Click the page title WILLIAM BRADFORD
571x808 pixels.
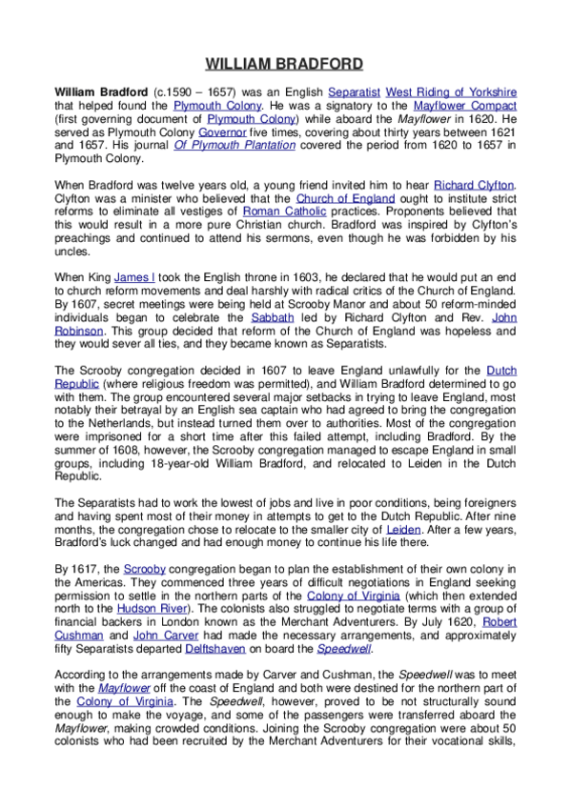(x=284, y=65)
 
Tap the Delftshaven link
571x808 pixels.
(x=215, y=647)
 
